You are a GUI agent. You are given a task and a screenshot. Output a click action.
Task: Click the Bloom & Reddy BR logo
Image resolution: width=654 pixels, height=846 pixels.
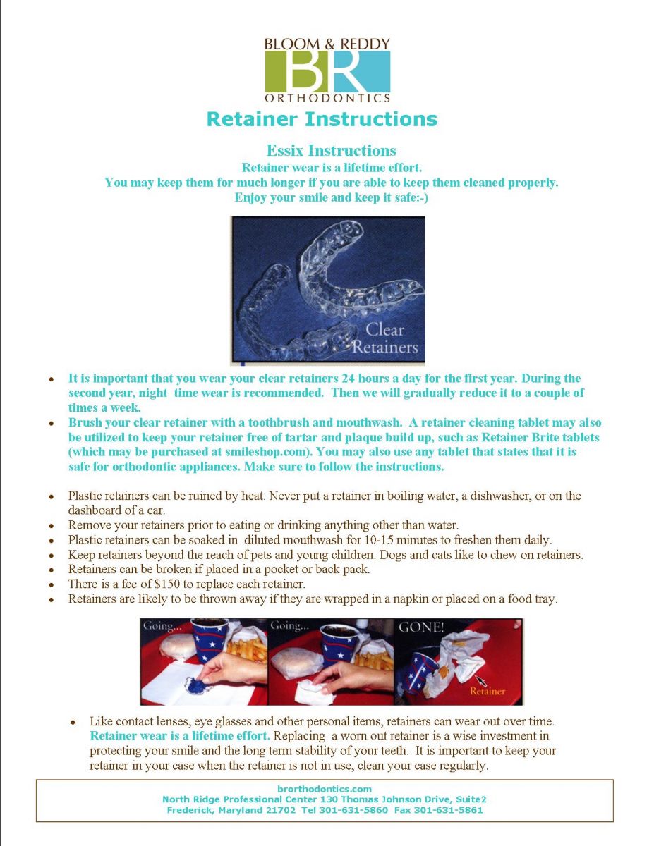(x=327, y=71)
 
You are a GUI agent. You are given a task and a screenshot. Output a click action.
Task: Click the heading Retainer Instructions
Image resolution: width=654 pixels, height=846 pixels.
(x=322, y=118)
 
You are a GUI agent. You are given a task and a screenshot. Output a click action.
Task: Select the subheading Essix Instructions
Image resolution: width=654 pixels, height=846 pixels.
(x=331, y=151)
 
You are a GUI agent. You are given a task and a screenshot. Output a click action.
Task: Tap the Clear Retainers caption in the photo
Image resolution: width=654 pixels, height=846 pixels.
(x=384, y=338)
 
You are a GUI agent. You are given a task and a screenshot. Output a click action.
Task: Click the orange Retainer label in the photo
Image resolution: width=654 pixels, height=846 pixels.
(x=488, y=691)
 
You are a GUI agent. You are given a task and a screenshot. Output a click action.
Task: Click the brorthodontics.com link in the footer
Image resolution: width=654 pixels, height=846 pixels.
(x=325, y=789)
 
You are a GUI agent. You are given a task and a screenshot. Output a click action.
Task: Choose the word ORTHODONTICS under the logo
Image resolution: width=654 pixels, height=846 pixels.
(x=327, y=98)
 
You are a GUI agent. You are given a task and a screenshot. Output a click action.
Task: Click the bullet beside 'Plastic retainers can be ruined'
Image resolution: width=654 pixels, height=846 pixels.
(x=52, y=496)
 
